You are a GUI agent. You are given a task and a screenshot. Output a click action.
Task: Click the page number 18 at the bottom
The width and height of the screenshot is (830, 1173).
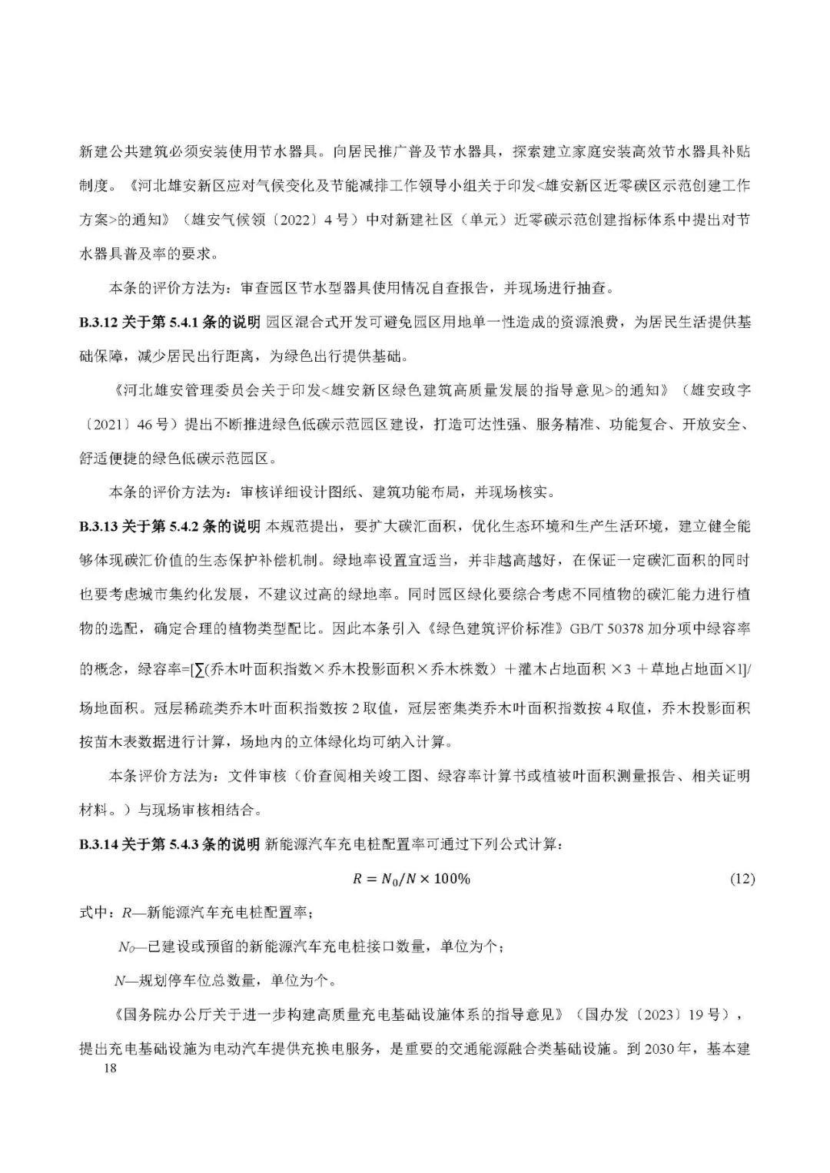tap(110, 1069)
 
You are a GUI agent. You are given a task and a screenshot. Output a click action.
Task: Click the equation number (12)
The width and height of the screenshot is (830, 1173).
tap(742, 879)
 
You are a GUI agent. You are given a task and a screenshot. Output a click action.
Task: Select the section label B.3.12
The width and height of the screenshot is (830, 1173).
tap(98, 322)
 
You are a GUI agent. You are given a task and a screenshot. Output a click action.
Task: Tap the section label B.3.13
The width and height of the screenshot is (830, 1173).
tap(98, 526)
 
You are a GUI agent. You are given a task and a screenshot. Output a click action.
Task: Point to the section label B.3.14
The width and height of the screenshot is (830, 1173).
tap(98, 845)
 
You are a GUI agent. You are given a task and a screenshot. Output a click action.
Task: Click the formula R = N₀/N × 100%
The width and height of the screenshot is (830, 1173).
tap(411, 879)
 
